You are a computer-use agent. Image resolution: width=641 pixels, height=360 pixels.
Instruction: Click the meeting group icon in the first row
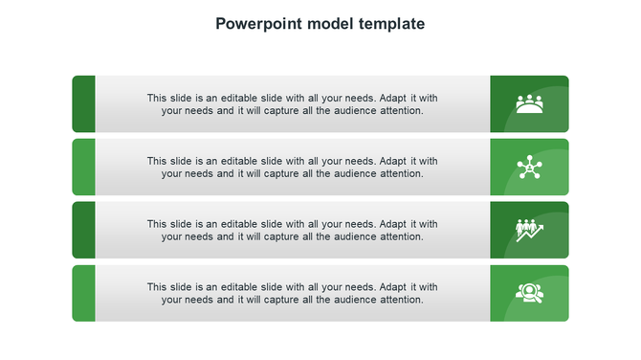coord(529,103)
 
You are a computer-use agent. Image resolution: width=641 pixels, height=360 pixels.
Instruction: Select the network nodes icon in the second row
coord(529,168)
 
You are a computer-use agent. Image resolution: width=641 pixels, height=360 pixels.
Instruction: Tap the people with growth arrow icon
coord(529,230)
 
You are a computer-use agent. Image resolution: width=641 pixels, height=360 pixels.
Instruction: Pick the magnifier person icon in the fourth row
coord(529,293)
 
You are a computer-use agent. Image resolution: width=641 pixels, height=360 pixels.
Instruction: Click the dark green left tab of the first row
coord(83,103)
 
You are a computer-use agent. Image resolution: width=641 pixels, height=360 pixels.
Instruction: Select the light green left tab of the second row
coord(83,168)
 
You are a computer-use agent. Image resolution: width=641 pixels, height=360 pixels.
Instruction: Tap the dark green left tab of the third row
coord(83,230)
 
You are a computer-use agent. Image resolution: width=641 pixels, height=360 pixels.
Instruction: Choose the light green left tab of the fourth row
coord(83,293)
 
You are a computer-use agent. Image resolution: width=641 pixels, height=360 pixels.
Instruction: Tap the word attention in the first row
coord(402,110)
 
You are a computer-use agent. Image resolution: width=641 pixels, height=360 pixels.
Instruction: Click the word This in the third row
coord(158,224)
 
